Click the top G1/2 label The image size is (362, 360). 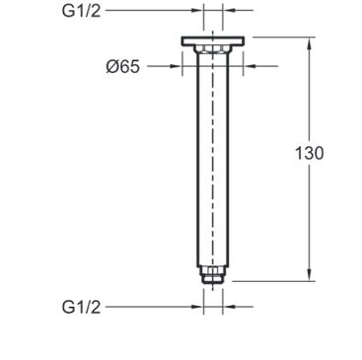[x=81, y=11]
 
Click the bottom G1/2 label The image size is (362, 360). [x=81, y=308]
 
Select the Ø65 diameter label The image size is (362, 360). [x=123, y=67]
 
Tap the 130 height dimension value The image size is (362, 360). [x=309, y=153]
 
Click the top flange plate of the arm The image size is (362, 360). [x=213, y=41]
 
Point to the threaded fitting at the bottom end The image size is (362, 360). [x=213, y=275]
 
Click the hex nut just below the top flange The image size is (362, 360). [x=213, y=49]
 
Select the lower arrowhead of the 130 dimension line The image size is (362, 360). [x=309, y=274]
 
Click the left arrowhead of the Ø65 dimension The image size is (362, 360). [x=176, y=66]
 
